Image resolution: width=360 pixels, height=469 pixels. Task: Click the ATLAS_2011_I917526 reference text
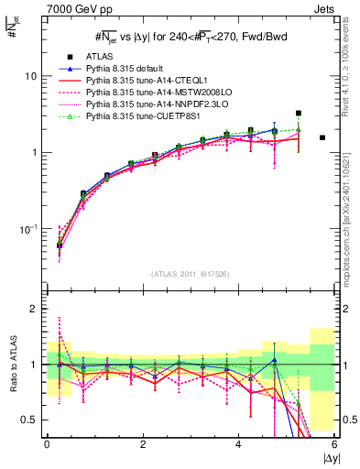coord(191,274)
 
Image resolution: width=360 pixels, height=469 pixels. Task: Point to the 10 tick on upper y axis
coord(29,76)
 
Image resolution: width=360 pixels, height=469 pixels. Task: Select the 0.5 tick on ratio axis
coord(27,420)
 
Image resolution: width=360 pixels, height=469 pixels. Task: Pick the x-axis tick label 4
coord(239,444)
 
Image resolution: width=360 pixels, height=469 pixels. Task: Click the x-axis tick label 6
coord(334,444)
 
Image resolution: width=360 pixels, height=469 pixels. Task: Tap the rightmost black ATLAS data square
coord(322,137)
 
